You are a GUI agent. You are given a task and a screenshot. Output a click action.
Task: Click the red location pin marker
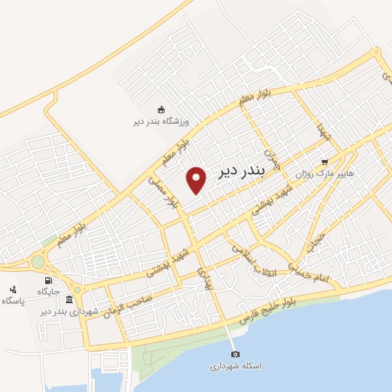click(x=198, y=179)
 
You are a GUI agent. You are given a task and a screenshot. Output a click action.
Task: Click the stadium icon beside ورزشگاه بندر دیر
click(x=161, y=109)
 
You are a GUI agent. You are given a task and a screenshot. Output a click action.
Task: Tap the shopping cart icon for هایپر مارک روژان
click(x=325, y=162)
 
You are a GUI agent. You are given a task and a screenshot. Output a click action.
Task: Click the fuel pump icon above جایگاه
click(x=50, y=280)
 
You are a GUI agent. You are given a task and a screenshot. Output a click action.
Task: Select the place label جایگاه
click(x=50, y=291)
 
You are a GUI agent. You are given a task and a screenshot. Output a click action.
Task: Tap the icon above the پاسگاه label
click(x=12, y=289)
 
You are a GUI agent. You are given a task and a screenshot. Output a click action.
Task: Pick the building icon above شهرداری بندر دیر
click(x=70, y=299)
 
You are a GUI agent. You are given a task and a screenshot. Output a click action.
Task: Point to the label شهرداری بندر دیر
click(x=70, y=311)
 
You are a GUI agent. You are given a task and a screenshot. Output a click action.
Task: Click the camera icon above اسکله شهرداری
click(x=235, y=354)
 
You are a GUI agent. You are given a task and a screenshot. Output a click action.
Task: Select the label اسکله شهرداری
click(x=236, y=366)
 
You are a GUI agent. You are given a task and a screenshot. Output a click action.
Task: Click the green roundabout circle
click(x=38, y=262)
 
